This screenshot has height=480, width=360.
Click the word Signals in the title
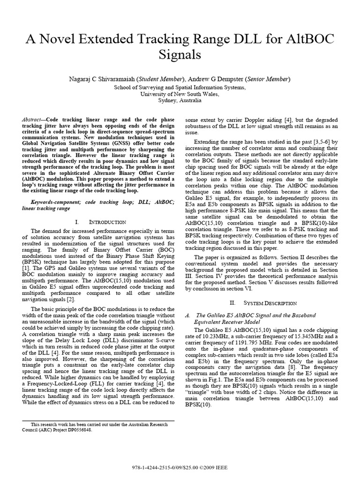[180, 55]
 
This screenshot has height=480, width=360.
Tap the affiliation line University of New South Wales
[180, 94]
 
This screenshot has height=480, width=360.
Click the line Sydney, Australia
[180, 101]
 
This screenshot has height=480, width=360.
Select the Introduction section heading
[102, 222]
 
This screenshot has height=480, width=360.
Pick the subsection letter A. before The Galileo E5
[188, 315]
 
